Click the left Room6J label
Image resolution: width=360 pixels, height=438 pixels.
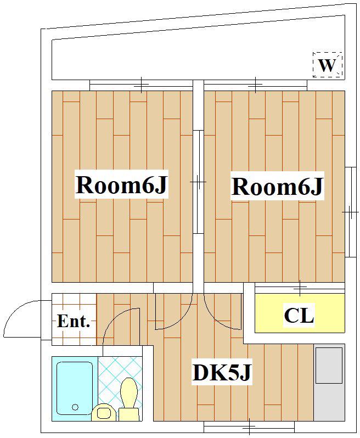pos(121,184)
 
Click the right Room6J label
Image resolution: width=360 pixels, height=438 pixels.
pos(277,186)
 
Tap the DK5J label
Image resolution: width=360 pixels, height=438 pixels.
pos(222,372)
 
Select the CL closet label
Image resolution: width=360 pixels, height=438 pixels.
pos(299,316)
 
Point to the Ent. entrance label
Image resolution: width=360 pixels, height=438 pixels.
pos(74,321)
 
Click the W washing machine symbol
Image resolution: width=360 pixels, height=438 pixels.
pos(327,65)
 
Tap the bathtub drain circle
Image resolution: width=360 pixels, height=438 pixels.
pos(75,407)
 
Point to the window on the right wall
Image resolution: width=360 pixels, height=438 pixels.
pos(351,212)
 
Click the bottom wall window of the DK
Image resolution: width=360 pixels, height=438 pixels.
pos(249,427)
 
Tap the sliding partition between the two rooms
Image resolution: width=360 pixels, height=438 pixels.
pos(199,182)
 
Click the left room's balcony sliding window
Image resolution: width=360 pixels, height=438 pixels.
pos(142,85)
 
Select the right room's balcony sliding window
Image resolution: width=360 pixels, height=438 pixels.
pos(255,85)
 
